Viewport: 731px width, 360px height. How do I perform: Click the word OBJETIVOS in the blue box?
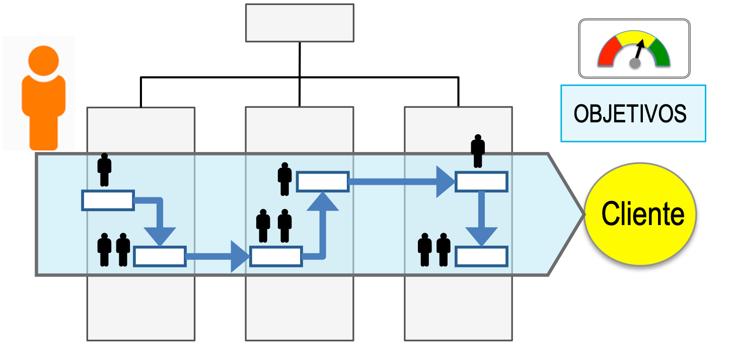[x=630, y=114]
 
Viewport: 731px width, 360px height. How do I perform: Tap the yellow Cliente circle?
[x=640, y=214]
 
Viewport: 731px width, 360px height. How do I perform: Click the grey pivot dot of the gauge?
[x=635, y=63]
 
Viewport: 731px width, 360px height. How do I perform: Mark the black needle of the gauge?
[x=639, y=50]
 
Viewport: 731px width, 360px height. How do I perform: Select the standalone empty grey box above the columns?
[x=300, y=23]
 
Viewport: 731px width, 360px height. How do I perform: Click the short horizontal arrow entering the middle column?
[x=216, y=256]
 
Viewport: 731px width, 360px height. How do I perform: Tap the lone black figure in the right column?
[x=477, y=151]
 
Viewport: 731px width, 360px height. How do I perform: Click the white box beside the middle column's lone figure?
[x=323, y=182]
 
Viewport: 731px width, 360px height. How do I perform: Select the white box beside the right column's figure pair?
[x=481, y=256]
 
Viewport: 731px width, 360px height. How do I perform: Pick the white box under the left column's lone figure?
[x=108, y=200]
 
